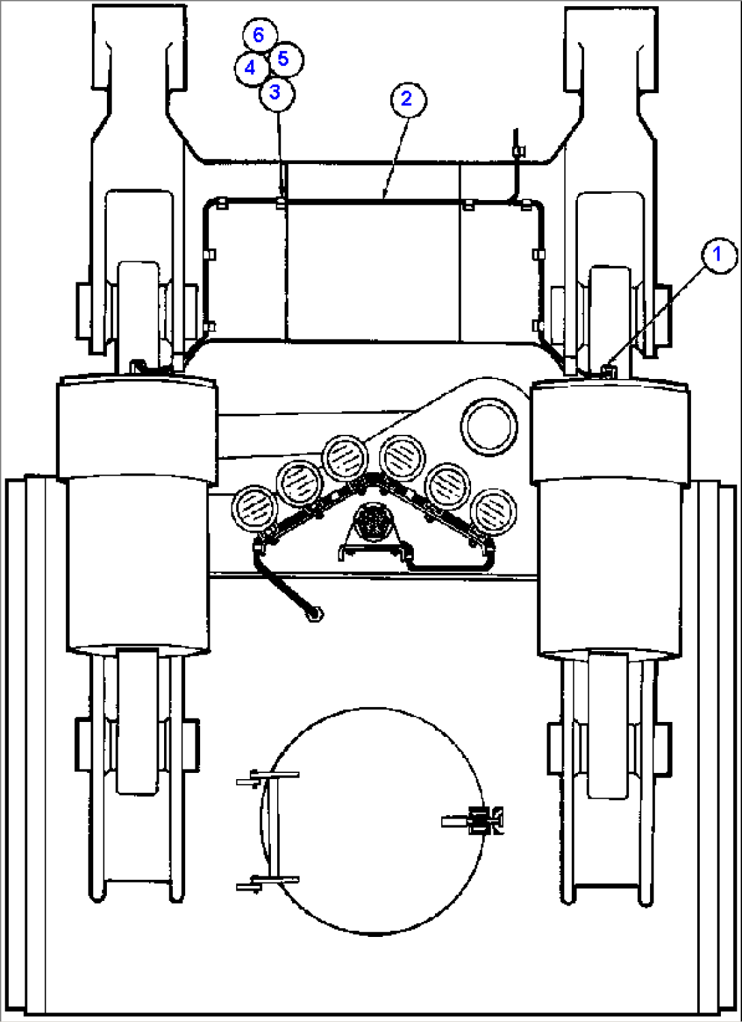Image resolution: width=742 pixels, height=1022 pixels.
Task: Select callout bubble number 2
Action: [408, 99]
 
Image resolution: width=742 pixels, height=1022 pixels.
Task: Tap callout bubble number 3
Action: [276, 93]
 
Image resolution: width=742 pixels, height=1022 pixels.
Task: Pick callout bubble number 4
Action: [251, 68]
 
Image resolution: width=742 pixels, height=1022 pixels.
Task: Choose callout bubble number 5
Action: [285, 59]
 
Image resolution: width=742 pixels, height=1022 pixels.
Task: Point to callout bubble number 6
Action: [259, 35]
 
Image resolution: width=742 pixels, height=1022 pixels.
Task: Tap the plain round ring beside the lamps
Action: [489, 425]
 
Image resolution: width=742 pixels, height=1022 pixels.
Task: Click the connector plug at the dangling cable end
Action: [314, 614]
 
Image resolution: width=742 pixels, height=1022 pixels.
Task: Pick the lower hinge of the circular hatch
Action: [268, 883]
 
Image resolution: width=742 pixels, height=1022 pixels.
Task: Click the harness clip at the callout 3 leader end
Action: [281, 202]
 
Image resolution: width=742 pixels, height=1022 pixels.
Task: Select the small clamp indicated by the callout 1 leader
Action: [609, 370]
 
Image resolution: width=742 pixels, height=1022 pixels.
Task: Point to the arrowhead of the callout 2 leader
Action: [385, 197]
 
